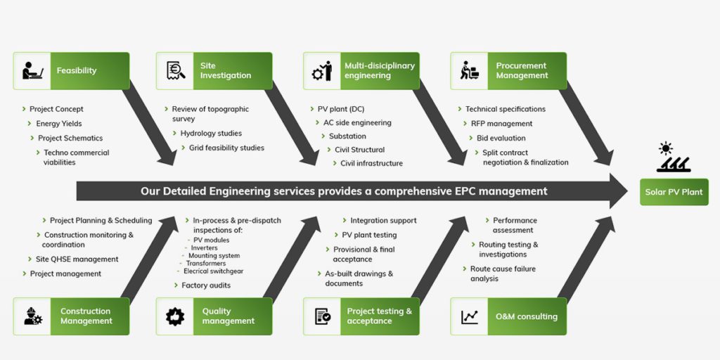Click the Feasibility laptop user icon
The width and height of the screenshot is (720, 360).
point(33,70)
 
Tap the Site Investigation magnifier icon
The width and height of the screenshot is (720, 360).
point(176,70)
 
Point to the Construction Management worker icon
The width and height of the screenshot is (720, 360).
point(33,316)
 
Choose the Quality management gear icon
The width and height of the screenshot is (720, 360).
point(175,316)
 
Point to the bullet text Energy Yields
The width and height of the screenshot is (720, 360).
point(59,124)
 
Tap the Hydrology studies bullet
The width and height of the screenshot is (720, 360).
point(211,134)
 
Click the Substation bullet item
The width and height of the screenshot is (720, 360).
point(347,136)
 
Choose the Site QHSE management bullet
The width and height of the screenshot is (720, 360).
point(77,259)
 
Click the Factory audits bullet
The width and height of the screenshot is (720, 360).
point(206,285)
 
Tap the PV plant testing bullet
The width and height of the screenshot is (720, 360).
point(369,235)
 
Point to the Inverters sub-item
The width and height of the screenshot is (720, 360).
point(204,248)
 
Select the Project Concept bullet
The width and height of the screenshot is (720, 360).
point(56,109)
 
